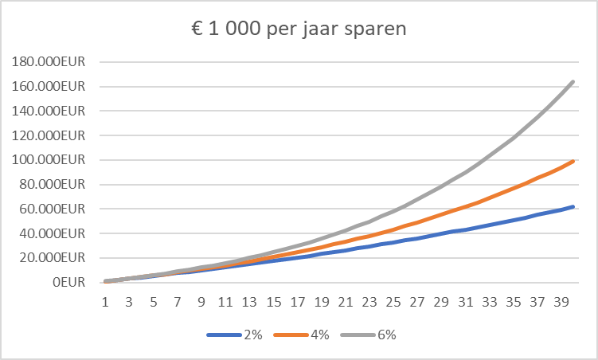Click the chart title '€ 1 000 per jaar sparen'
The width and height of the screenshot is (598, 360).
click(299, 30)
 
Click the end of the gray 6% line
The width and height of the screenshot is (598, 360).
click(573, 81)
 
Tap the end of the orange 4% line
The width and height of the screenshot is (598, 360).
click(573, 161)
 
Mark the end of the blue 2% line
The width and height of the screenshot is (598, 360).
click(573, 207)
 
